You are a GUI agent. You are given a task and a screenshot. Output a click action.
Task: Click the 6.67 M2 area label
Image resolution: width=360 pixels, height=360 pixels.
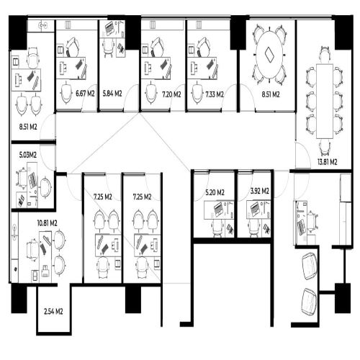[85, 94]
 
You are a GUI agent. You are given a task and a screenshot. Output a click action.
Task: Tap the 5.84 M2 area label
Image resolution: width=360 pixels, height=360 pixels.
[112, 94]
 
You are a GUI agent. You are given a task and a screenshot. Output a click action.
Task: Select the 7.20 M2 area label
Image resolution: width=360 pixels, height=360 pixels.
[171, 94]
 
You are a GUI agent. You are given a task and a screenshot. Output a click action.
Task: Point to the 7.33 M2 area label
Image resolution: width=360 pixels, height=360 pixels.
[215, 94]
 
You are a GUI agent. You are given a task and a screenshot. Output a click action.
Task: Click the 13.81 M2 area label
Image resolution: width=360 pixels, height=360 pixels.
[328, 162]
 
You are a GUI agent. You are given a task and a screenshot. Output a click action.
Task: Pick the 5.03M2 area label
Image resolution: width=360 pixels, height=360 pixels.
[28, 155]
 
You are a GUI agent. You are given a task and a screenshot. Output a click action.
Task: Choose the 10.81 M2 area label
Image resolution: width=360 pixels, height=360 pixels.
[47, 223]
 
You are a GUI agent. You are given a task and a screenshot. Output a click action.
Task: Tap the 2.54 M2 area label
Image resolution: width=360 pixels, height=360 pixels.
[53, 312]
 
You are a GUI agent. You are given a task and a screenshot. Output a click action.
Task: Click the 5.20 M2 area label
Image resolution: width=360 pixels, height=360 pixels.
[215, 192]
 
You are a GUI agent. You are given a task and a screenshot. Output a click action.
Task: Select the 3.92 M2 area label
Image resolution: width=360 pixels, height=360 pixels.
[260, 191]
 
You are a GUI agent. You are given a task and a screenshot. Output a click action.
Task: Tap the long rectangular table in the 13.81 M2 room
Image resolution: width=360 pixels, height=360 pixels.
[325, 102]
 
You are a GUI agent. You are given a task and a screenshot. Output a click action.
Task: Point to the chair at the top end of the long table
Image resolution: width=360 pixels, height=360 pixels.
[325, 55]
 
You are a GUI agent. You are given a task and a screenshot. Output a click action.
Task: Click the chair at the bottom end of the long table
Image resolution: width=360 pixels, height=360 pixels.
[325, 148]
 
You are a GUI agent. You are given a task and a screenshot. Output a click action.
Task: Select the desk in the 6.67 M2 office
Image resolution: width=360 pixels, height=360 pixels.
[71, 68]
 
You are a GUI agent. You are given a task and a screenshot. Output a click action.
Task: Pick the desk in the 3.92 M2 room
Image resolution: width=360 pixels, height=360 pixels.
[258, 210]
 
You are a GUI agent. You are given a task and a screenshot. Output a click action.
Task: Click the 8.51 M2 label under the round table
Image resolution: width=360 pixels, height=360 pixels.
[271, 94]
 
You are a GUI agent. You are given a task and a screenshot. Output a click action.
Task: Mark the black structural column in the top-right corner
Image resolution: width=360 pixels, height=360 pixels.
[343, 32]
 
